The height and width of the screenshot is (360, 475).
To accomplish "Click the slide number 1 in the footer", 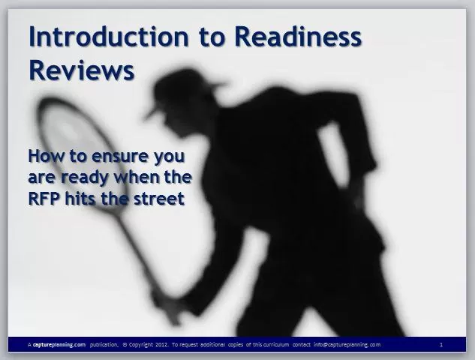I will tap(441, 344).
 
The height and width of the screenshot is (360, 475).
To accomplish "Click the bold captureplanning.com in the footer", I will tap(59, 344).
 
